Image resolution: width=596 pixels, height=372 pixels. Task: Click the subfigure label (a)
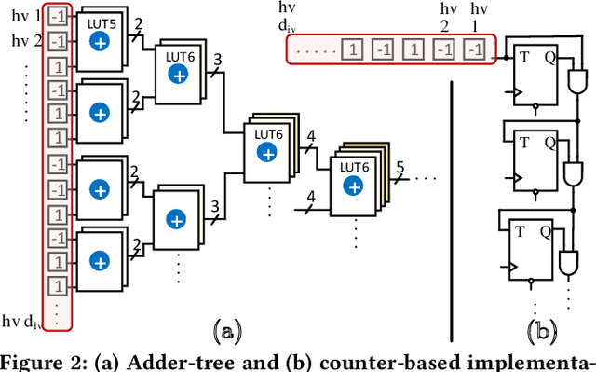[x=227, y=328]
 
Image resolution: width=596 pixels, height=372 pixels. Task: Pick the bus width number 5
[x=400, y=170]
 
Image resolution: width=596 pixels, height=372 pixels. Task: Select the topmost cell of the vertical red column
[x=57, y=18]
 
